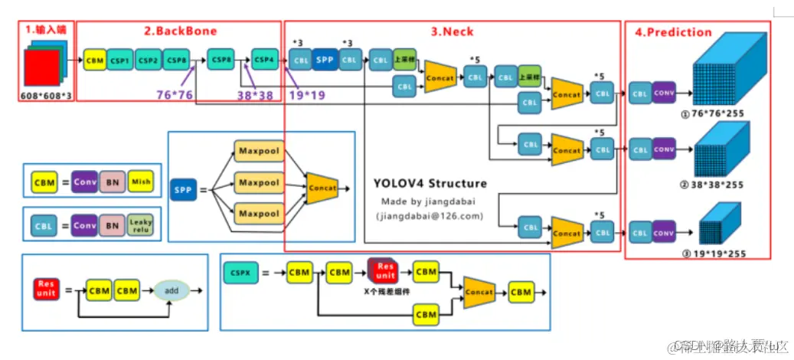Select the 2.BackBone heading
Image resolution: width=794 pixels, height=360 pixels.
point(181,31)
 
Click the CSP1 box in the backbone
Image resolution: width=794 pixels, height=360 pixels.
point(119,60)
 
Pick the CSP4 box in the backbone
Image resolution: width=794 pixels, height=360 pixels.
point(265,58)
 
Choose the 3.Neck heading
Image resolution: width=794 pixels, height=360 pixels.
point(452,31)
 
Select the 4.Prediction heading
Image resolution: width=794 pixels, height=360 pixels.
point(673,32)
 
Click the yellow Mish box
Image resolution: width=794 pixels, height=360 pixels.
point(140,182)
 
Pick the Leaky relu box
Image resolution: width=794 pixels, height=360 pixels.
point(140,226)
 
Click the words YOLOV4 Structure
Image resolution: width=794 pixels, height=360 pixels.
point(430,184)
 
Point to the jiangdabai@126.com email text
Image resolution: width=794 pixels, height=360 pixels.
point(431,216)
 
